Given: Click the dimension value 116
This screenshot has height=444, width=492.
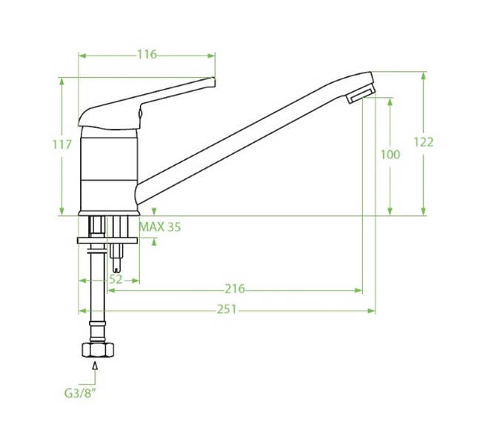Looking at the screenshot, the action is (147, 55).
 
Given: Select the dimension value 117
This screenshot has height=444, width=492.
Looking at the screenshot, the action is (61, 145).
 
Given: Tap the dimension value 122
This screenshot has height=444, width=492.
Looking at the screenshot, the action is (423, 142).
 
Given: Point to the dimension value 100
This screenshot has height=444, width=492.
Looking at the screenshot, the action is (390, 155).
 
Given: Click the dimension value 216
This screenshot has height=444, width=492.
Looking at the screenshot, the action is (235, 289).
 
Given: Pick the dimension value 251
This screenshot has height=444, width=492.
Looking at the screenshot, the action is (227, 309).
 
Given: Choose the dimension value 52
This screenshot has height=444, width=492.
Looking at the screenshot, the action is (116, 280).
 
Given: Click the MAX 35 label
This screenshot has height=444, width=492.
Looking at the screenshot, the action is (160, 227).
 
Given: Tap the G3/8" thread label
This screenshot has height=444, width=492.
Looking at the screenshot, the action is (79, 393).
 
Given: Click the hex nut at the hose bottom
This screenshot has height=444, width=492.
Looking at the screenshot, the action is (98, 350).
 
